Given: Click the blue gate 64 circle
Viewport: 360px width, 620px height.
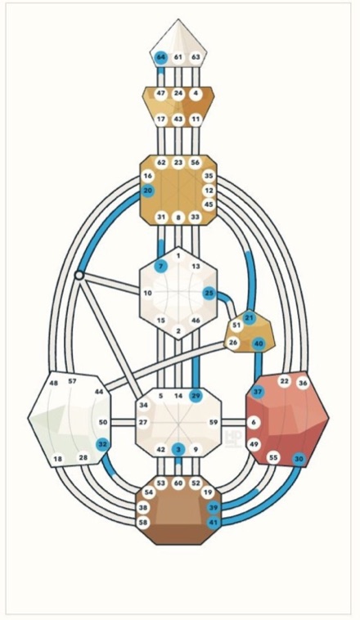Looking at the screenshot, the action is click(160, 57).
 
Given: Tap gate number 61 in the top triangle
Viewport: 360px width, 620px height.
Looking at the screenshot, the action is click(178, 57).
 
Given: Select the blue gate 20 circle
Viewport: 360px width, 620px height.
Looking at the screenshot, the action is click(148, 191).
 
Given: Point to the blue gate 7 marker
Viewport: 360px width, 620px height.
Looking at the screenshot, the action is click(160, 267).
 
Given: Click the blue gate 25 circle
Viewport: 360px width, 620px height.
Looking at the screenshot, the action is click(209, 293).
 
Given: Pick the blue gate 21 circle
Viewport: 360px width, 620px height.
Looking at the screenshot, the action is click(249, 317).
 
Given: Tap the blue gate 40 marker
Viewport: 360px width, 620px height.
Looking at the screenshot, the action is click(259, 344).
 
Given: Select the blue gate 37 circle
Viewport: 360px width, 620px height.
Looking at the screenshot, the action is click(258, 392).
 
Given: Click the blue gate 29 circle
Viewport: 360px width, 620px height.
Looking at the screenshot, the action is click(196, 396).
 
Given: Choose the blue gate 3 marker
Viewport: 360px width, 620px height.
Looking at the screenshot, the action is click(178, 449).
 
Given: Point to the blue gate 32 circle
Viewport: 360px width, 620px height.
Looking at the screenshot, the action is click(103, 444).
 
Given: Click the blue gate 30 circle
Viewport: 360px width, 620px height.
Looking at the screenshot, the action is click(299, 459).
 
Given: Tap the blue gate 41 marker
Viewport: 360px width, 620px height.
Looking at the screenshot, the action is click(214, 523).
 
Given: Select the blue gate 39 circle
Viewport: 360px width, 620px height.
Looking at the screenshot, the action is click(214, 507).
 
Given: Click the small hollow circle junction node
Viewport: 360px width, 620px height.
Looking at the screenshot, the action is click(79, 275).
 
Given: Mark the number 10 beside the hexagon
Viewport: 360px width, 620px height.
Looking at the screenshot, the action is click(147, 293).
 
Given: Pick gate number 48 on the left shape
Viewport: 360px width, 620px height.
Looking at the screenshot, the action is click(54, 383).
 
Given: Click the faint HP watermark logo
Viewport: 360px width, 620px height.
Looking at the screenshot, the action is click(232, 438).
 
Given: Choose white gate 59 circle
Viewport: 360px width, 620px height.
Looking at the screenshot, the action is click(214, 422).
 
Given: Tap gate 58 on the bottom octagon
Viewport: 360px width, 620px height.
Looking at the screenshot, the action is click(143, 523).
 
